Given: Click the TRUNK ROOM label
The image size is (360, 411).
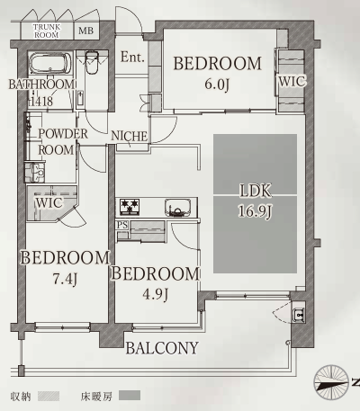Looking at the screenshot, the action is pyautogui.click(x=47, y=31).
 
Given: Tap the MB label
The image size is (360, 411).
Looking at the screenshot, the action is pyautogui.click(x=85, y=31).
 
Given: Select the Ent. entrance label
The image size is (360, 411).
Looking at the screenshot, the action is pyautogui.click(x=132, y=57).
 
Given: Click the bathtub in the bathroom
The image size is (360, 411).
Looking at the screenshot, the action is pyautogui.click(x=50, y=64).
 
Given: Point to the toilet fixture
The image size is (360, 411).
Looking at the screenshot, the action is pyautogui.click(x=92, y=63).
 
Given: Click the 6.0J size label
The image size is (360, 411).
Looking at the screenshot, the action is pyautogui.click(x=217, y=85).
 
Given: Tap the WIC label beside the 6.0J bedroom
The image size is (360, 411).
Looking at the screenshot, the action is pyautogui.click(x=292, y=81).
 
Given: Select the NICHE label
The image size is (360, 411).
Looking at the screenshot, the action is pyautogui.click(x=130, y=136).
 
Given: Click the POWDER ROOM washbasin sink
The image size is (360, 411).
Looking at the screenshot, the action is pyautogui.click(x=35, y=173).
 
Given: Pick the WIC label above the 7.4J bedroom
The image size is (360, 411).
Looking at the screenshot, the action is pyautogui.click(x=49, y=203).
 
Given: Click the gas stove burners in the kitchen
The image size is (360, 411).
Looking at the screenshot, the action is pyautogui.click(x=130, y=207).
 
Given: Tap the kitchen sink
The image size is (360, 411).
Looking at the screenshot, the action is pyautogui.click(x=177, y=208).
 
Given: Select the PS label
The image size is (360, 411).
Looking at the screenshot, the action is pyautogui.click(x=122, y=225).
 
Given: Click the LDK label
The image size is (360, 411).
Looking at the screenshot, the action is pyautogui.click(x=256, y=191).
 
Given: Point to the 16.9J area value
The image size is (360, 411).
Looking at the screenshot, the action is pyautogui.click(x=255, y=211).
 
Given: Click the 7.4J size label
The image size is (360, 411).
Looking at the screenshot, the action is pyautogui.click(x=65, y=279).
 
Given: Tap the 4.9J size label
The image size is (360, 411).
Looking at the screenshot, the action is pyautogui.click(x=155, y=295).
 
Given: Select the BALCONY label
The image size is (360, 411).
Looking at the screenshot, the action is pyautogui.click(x=162, y=348).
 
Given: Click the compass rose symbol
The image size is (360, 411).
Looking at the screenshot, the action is pyautogui.click(x=331, y=382).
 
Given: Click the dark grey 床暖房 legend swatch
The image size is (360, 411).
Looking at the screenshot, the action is pyautogui.click(x=130, y=396).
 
